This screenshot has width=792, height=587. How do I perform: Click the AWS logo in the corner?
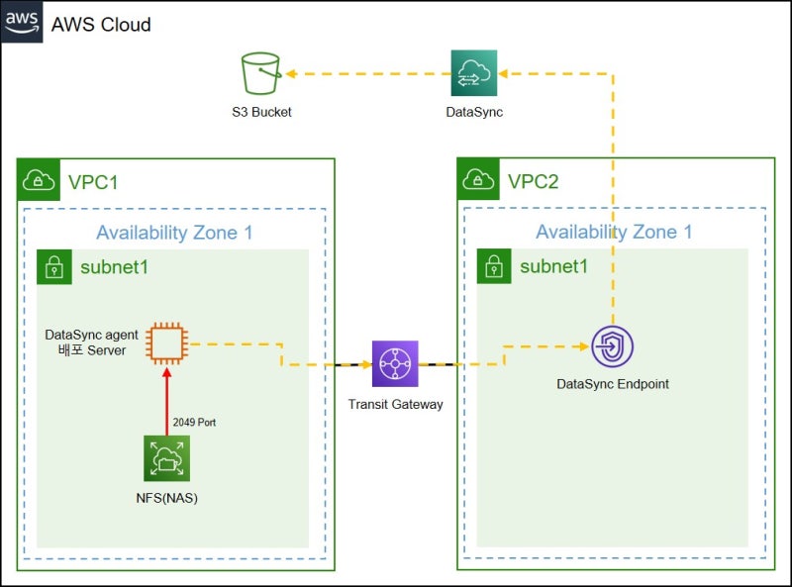point(22,21)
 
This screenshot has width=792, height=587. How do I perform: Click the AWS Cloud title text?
point(101,24)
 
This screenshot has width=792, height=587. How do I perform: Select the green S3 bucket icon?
point(261,74)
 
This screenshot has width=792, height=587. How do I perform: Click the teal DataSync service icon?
point(474,73)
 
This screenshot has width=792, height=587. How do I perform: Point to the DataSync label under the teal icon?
point(474,112)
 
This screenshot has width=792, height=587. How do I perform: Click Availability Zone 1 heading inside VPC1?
point(174,233)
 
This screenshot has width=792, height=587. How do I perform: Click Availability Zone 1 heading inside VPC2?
point(614,233)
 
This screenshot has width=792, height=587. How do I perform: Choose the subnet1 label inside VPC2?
point(553,266)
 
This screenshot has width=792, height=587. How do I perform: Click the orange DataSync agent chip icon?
point(164,342)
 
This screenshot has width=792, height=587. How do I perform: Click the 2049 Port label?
point(194,422)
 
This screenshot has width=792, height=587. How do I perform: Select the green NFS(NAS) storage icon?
point(166,458)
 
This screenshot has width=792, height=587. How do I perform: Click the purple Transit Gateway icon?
point(395,364)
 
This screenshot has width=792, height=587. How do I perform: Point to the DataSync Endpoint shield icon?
point(612,347)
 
